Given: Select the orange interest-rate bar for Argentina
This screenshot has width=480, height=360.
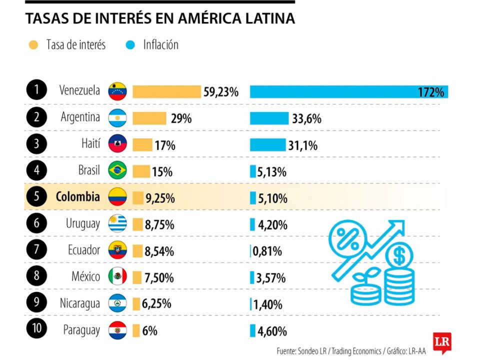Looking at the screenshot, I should coord(149,118).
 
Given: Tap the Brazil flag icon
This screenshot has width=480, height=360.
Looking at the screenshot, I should coord(117,170).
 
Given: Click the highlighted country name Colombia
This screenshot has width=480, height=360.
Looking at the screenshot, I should coord(77,196).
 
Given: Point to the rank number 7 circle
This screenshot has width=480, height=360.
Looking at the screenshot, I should coord(36,249).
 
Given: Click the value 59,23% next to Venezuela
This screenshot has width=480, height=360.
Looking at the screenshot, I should coord(221,92).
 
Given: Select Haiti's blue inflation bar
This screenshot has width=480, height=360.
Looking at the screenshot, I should coord(268,145).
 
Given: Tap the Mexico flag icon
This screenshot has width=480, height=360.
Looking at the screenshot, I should coord(117,276).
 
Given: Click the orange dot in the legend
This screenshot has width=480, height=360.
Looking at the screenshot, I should coord(33,45).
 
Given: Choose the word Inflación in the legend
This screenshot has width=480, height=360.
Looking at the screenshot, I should coord(160,45).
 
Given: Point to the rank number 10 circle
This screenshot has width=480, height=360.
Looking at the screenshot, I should coord(36,329).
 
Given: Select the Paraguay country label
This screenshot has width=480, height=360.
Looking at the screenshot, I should coord(81,330).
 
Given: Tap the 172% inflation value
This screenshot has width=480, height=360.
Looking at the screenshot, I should coord(431,92).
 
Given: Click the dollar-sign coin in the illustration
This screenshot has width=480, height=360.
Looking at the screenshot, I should coord(399,256).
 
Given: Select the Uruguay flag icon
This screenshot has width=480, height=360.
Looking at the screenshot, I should coord(117,223).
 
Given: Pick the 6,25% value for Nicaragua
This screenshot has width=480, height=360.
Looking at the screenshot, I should coord(157,303).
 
